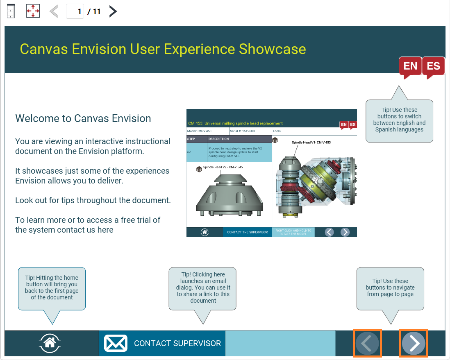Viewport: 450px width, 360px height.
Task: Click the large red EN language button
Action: [x=410, y=66]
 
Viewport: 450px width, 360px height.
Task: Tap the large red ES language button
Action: [x=433, y=66]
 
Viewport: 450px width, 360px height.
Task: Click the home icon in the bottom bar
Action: [x=50, y=343]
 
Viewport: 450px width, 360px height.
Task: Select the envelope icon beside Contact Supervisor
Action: [x=116, y=343]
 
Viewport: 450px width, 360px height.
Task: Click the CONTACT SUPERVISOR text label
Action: [x=177, y=343]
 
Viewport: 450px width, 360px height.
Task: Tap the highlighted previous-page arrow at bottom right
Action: [x=367, y=343]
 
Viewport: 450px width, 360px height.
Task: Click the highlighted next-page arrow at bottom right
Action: [x=414, y=343]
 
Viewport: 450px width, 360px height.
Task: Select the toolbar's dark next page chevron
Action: [x=113, y=11]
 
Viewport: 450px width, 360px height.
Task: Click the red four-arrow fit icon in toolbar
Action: [x=33, y=11]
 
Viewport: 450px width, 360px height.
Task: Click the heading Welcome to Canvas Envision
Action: [x=83, y=118]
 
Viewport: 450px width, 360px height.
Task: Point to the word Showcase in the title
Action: [x=273, y=49]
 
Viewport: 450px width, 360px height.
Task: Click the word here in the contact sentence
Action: [x=105, y=230]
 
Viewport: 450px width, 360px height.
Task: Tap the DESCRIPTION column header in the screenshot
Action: [x=219, y=139]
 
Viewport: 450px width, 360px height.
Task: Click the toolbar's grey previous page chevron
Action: [x=54, y=11]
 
